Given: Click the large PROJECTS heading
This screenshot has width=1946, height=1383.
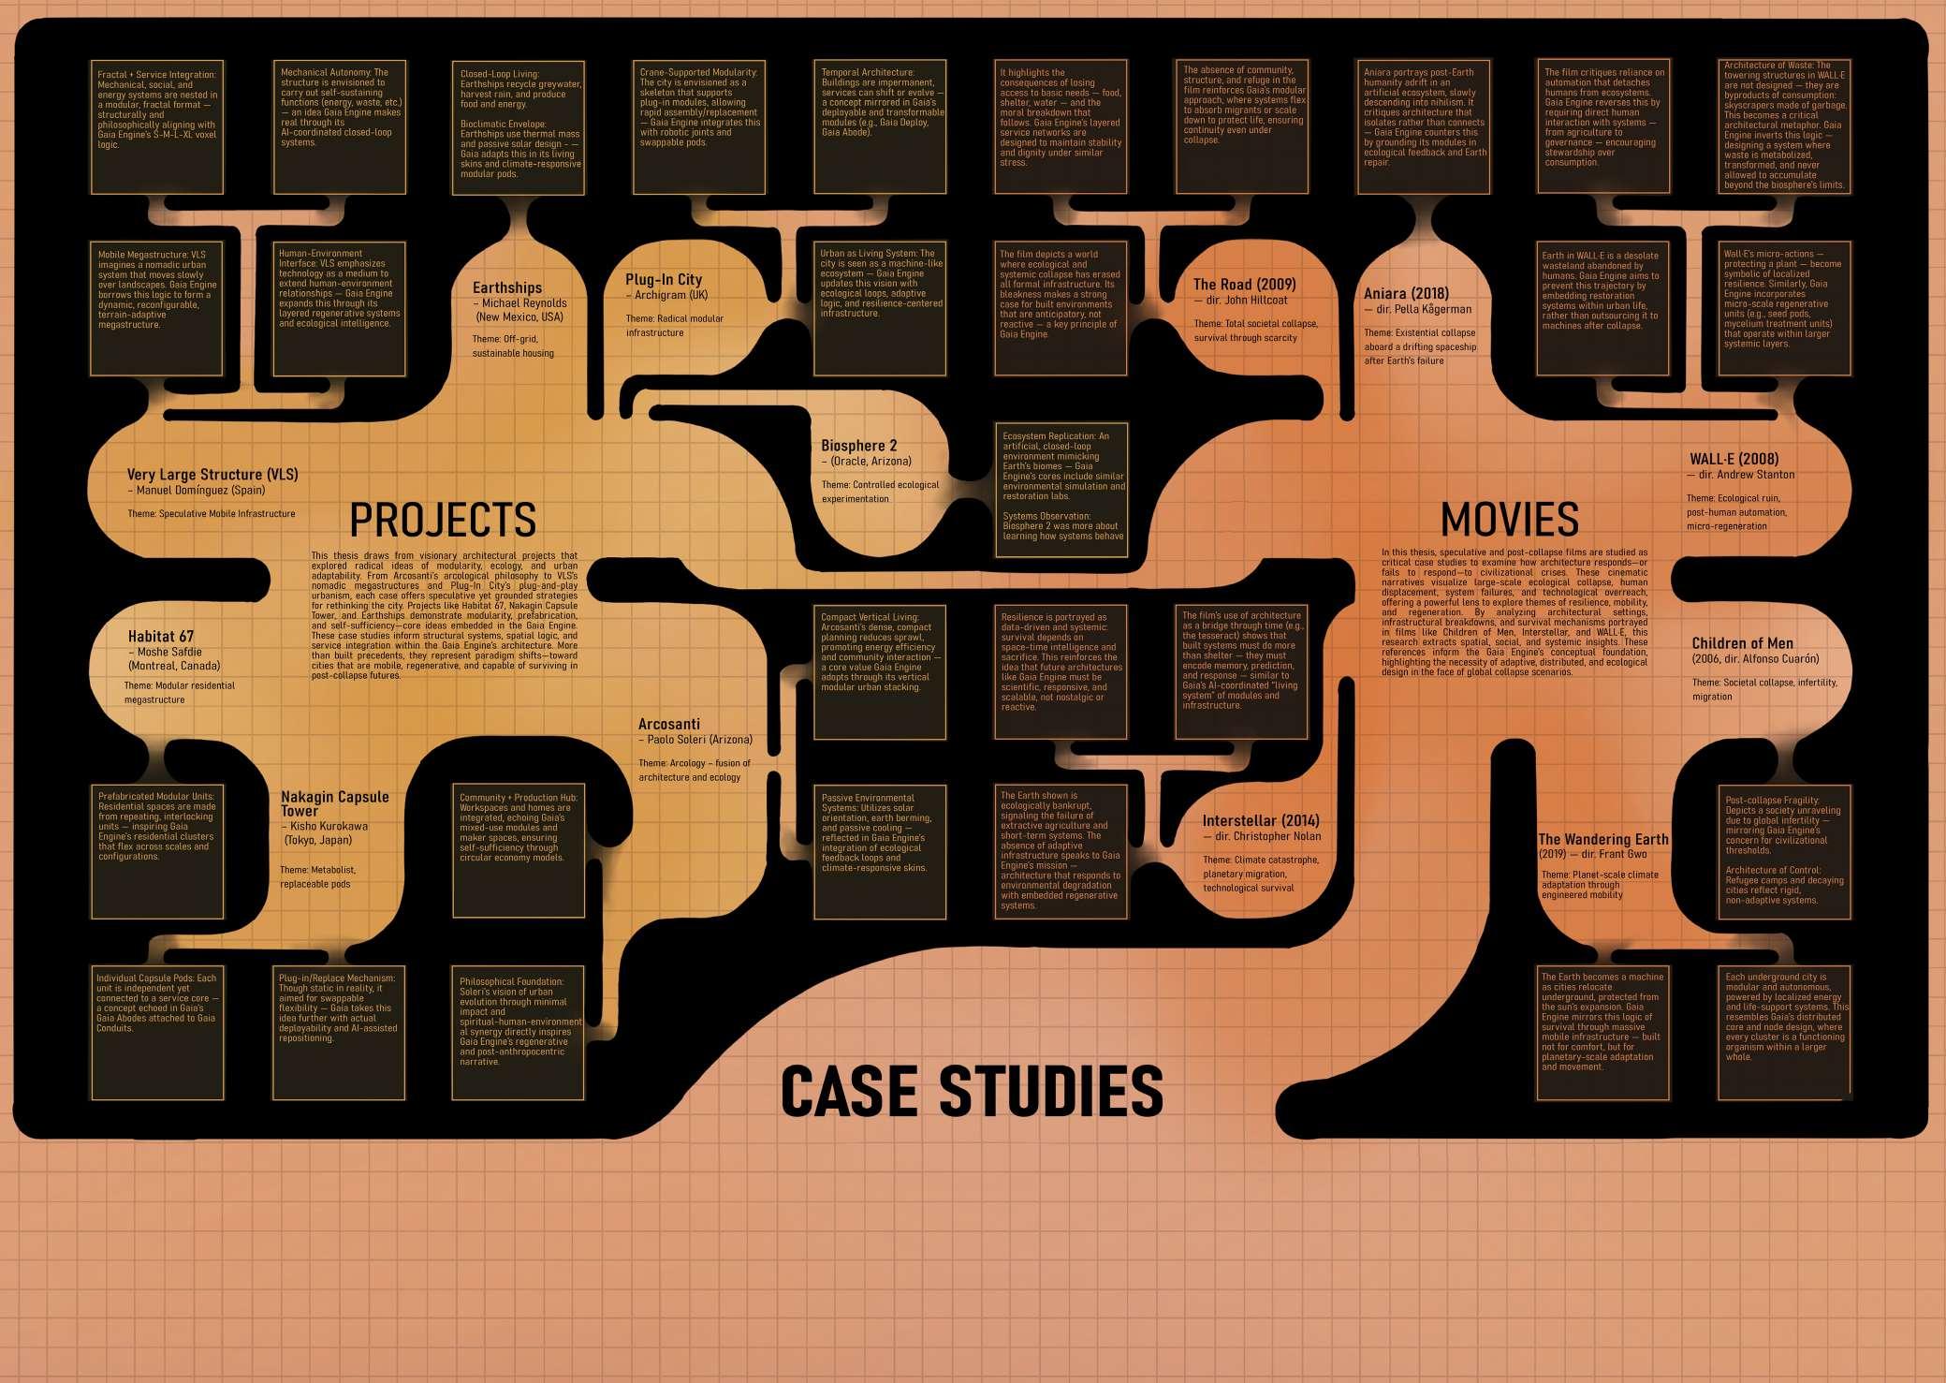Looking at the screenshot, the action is point(443,520).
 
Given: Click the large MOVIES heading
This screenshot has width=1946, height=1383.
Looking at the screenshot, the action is point(1509,520).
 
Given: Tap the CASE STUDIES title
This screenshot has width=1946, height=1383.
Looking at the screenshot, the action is point(972,1092).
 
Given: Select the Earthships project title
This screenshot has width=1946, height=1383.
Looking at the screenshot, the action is point(507,287).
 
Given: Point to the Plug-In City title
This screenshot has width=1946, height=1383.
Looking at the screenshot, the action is point(664,279).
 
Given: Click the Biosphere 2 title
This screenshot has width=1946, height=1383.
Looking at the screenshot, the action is point(858,446).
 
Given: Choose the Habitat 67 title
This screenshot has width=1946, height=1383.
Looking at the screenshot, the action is point(161,637).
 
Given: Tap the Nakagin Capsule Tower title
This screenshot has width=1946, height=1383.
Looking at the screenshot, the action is point(334,803).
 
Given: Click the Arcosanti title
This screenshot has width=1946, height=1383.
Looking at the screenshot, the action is point(669,724).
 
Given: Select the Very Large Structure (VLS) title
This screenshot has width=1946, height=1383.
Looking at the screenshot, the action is point(212,475).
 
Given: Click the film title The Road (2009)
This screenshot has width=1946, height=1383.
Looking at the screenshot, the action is point(1244,284).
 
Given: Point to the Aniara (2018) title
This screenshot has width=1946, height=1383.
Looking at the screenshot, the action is point(1406,293).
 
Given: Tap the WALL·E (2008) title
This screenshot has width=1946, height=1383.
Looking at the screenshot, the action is point(1734,459).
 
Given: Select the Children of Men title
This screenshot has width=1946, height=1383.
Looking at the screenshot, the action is point(1742,643).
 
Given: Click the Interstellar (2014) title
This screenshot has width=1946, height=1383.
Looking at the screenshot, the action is point(1260,821).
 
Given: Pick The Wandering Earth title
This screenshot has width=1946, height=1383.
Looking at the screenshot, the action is point(1602,839).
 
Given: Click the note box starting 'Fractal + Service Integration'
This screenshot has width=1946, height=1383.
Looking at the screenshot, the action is point(157,127).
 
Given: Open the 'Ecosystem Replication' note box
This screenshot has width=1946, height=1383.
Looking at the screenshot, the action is point(1061,489).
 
